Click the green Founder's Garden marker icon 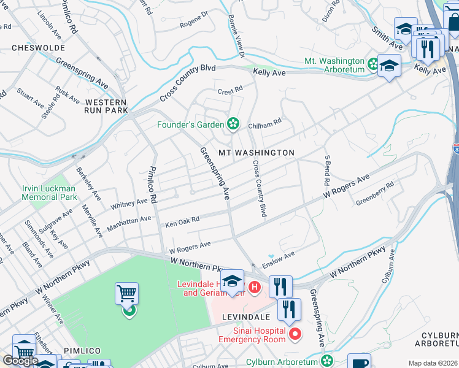pos(233,125)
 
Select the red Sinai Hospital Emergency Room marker pos(295,334)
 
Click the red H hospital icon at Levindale pos(255,286)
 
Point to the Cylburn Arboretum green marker pos(328,360)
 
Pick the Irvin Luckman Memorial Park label pos(49,193)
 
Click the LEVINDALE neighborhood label pos(247,316)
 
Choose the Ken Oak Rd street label pos(182,221)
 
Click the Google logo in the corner pos(20,361)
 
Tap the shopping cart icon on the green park pos(126,294)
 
